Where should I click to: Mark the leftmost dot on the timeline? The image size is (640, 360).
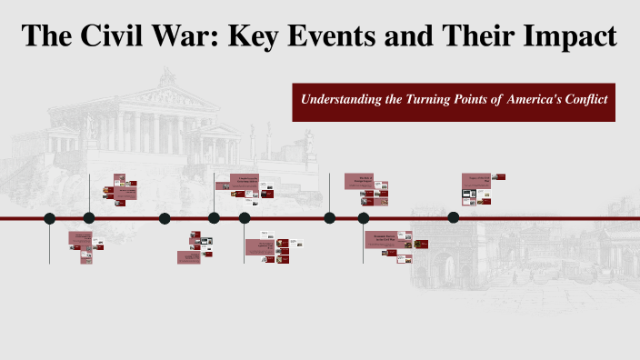(x=50, y=218)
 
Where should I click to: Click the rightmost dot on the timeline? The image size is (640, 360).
(x=454, y=218)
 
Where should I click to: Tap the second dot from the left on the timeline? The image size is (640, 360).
(x=89, y=218)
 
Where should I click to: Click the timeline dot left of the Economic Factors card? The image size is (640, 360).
(x=364, y=218)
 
